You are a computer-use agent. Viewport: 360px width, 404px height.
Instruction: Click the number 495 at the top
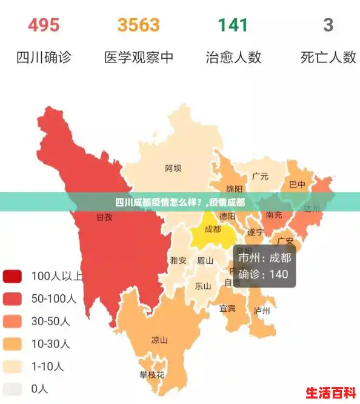44,25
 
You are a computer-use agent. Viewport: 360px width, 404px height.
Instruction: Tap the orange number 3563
139,25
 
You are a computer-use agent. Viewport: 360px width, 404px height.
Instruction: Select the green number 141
233,25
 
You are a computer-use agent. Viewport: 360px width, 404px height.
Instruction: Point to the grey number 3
328,25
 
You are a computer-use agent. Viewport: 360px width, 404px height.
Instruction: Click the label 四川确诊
44,58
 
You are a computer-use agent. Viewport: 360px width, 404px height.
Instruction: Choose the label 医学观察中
139,58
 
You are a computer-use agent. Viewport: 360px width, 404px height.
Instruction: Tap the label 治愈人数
233,58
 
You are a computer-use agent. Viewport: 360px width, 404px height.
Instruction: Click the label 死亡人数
328,58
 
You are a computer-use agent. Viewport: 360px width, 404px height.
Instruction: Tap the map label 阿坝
173,168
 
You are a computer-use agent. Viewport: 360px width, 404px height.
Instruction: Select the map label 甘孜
105,217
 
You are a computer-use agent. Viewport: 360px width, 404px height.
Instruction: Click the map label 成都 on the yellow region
213,229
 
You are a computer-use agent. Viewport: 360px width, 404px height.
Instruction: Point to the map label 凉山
159,340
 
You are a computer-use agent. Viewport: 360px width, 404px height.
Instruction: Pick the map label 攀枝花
152,375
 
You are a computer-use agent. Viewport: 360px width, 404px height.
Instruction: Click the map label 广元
260,177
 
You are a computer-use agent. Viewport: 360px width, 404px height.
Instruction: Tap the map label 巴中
297,184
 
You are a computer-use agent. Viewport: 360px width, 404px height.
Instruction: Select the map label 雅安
178,260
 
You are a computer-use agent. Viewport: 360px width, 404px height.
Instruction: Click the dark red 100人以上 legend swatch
12,277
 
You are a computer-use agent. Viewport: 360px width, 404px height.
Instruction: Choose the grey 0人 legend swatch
12,388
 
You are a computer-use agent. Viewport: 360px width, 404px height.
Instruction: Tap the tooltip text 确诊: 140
264,274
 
